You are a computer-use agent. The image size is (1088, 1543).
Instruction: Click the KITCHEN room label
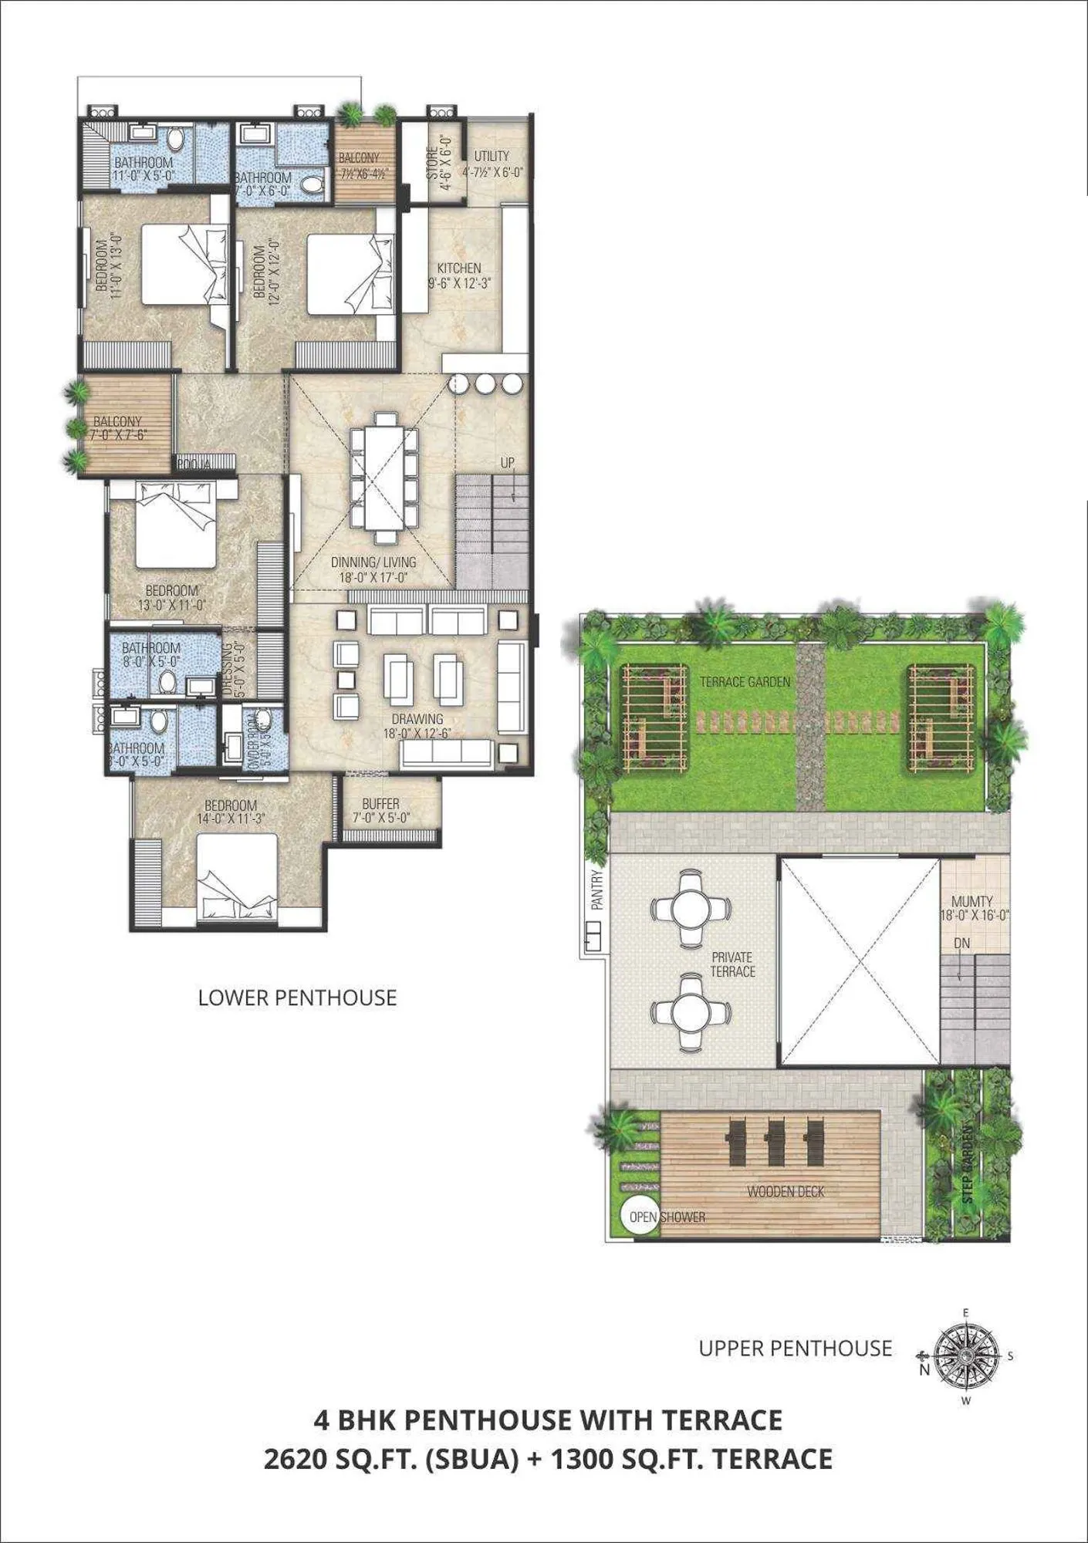(x=459, y=268)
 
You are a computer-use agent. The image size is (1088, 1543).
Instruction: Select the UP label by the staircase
(x=507, y=463)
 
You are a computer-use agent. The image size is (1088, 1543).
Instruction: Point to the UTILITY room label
(x=492, y=156)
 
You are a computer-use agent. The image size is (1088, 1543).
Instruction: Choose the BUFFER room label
(x=380, y=804)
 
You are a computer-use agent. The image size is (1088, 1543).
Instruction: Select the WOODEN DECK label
(x=786, y=1191)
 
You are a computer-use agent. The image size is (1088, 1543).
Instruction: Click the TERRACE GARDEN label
(x=745, y=682)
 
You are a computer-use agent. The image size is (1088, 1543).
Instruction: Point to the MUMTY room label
(x=971, y=901)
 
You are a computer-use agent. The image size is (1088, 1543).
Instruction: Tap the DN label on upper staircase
(x=961, y=943)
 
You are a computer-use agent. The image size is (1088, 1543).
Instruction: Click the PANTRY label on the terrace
(x=596, y=890)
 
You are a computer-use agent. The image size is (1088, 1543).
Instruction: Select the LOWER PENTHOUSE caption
(x=297, y=998)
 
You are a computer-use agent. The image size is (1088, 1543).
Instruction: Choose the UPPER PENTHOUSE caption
(x=795, y=1349)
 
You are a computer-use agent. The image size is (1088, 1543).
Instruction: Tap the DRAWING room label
(x=417, y=719)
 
